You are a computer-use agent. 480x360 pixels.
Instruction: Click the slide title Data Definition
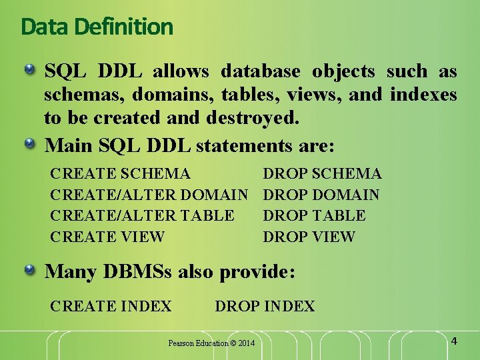97,27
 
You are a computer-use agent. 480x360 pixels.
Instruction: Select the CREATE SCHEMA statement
120,174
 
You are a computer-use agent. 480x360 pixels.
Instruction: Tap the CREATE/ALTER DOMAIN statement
149,195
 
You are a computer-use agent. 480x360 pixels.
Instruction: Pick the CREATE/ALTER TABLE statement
142,215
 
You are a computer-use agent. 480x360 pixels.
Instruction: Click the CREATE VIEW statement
107,237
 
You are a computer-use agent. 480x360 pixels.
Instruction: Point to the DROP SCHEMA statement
322,174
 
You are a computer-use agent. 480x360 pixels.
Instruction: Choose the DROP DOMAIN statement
321,195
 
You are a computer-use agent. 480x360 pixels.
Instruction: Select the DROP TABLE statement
314,215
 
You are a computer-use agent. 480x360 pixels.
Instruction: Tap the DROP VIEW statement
309,237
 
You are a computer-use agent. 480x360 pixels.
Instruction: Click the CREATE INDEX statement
111,306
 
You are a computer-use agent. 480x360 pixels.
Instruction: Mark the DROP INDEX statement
265,306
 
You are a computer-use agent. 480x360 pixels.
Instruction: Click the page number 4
454,341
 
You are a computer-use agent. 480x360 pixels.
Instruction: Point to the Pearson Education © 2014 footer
211,343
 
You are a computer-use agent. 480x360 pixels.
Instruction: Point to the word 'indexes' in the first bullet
423,95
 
